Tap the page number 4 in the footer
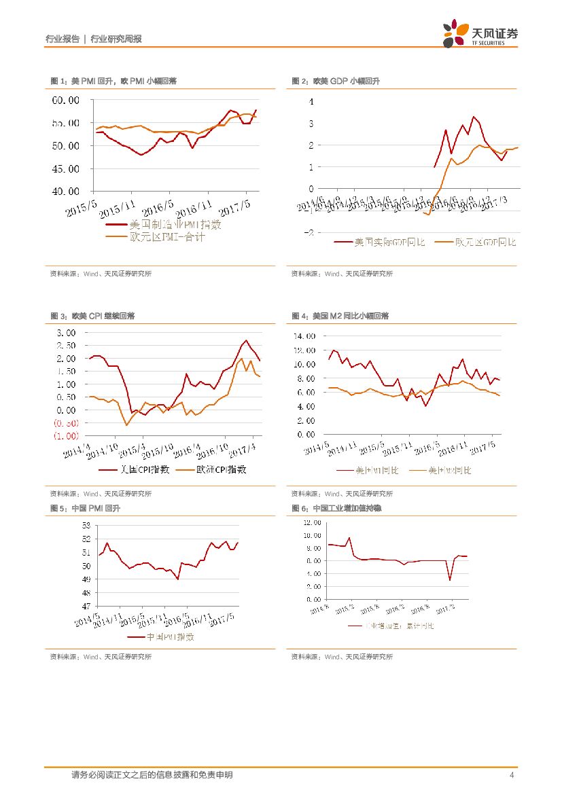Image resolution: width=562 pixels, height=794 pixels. click(511, 775)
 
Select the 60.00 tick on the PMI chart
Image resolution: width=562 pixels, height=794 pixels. click(66, 101)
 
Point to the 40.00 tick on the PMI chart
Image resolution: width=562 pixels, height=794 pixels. click(66, 192)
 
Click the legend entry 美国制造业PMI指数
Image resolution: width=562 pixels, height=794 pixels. click(175, 224)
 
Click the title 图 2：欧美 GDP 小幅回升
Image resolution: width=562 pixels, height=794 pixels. click(336, 81)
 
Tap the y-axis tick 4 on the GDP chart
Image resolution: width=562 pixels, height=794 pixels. click(311, 102)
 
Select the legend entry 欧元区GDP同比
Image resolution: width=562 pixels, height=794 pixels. click(485, 242)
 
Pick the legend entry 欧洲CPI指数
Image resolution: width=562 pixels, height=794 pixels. click(221, 469)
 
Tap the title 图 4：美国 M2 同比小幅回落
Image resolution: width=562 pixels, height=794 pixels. click(340, 316)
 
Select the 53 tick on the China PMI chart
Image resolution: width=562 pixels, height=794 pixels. click(86, 525)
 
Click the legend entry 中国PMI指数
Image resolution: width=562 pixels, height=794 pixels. click(171, 637)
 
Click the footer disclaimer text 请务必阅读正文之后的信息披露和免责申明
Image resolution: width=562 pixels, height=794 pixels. click(152, 775)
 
